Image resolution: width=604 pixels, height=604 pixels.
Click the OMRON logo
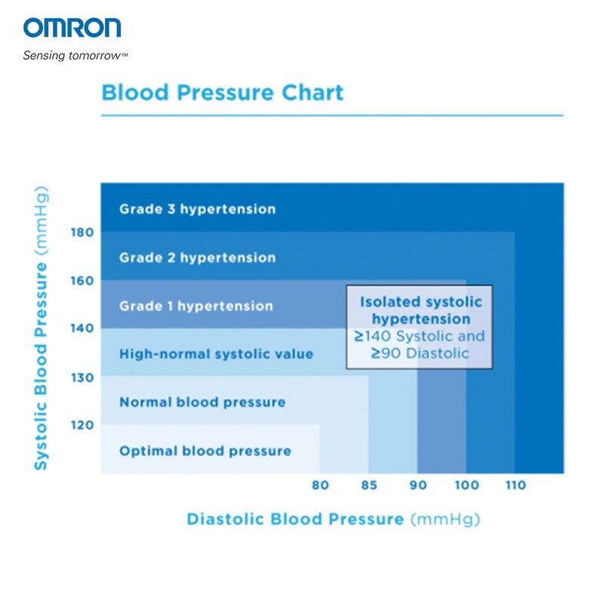pyautogui.click(x=72, y=28)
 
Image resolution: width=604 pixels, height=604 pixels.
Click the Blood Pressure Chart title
pyautogui.click(x=222, y=93)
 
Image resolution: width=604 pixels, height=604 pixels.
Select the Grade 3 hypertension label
pyautogui.click(x=197, y=209)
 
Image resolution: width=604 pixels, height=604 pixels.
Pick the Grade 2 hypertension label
pyautogui.click(x=197, y=257)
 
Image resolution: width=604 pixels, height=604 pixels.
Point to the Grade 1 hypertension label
pyautogui.click(x=196, y=306)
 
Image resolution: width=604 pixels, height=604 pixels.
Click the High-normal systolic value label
pyautogui.click(x=216, y=354)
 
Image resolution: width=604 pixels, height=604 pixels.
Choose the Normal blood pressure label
pyautogui.click(x=202, y=402)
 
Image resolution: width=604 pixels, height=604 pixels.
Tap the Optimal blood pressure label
pyautogui.click(x=205, y=451)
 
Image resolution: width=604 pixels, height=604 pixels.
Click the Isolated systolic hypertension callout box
pyautogui.click(x=420, y=327)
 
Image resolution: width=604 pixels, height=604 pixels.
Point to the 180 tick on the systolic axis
pyautogui.click(x=82, y=232)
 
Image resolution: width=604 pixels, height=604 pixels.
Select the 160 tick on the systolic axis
pyautogui.click(x=82, y=280)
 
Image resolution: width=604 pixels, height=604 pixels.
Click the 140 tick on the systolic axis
pyautogui.click(x=82, y=328)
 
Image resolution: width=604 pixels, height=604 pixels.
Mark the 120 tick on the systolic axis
pyautogui.click(x=82, y=424)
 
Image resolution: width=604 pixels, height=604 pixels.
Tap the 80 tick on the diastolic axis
pyautogui.click(x=320, y=485)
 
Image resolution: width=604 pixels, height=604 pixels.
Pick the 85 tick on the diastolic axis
pyautogui.click(x=368, y=485)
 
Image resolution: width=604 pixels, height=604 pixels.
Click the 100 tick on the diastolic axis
pyautogui.click(x=466, y=485)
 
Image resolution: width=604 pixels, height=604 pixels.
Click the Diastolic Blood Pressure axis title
pyautogui.click(x=333, y=519)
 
